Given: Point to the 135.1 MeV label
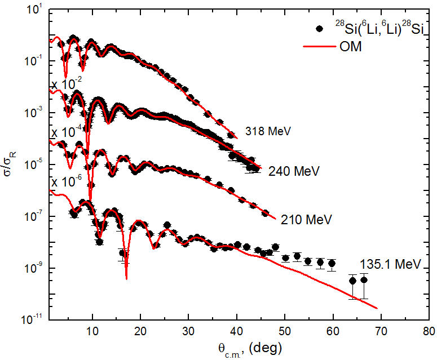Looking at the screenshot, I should tap(391, 263).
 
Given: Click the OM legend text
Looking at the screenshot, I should tap(356, 47).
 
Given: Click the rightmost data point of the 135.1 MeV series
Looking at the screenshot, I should tap(364, 279).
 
